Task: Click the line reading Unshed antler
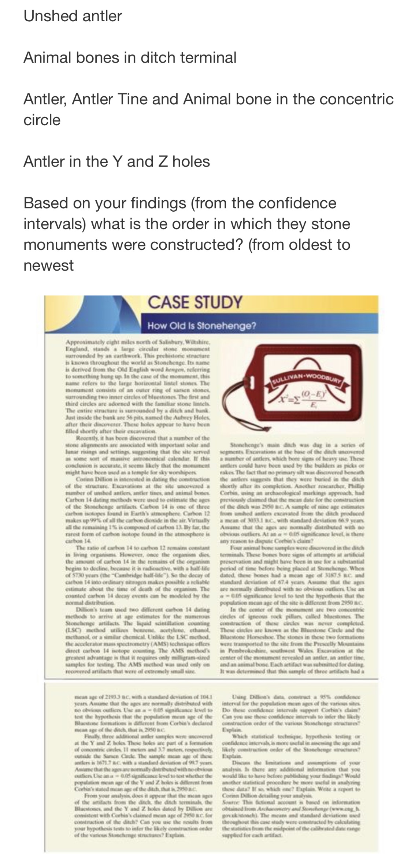pos(73,16)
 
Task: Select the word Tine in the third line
pos(162,99)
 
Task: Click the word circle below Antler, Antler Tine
pos(42,120)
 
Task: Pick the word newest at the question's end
pos(48,265)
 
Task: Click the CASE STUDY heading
pos(195,302)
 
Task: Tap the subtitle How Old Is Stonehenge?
pos(201,326)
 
